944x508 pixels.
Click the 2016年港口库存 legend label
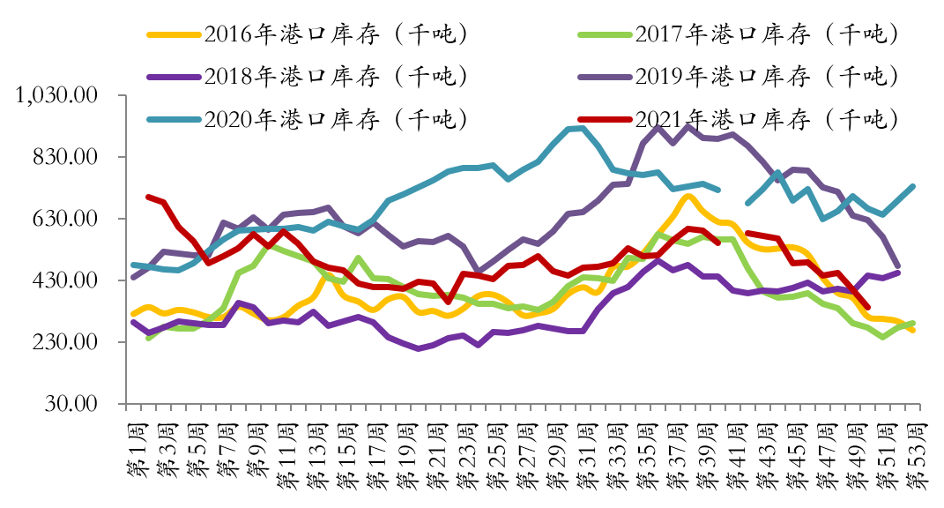[334, 34]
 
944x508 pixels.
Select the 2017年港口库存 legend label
[766, 34]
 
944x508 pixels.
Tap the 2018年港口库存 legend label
[334, 76]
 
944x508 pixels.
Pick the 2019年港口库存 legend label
[766, 76]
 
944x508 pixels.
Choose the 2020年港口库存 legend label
[334, 118]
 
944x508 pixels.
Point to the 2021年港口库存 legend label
[766, 118]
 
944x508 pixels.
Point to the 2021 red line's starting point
[148, 197]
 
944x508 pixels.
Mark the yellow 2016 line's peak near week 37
[688, 196]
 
